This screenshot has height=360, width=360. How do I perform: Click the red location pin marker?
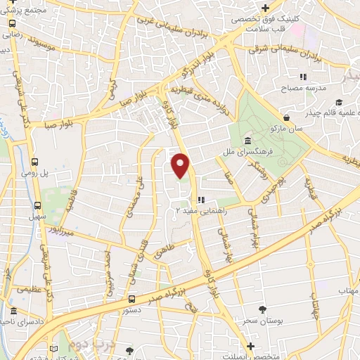(x=181, y=165)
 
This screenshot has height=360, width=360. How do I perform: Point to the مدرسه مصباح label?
(x=303, y=88)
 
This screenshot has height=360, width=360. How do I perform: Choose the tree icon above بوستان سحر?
(x=262, y=309)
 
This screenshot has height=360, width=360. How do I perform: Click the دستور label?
(x=133, y=309)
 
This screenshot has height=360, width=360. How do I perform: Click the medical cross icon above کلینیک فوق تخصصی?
(x=265, y=8)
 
